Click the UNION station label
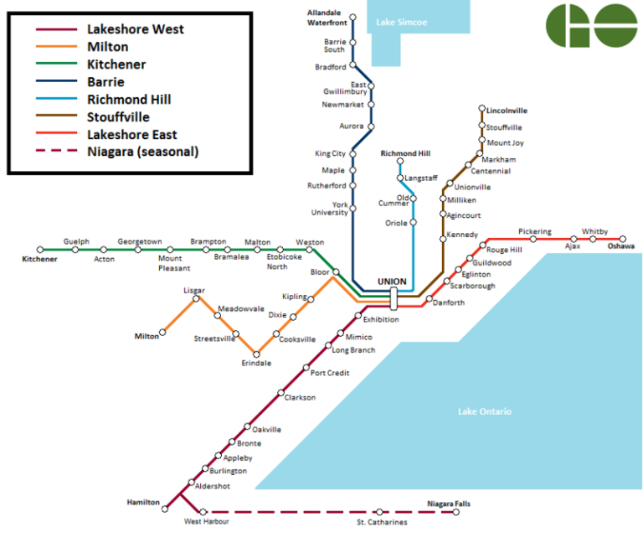[x=392, y=281]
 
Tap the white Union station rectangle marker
[x=393, y=297]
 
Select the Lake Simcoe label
[x=401, y=22]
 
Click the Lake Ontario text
[x=484, y=411]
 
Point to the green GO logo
[x=591, y=25]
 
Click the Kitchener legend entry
[x=116, y=65]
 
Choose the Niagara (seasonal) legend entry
[x=143, y=152]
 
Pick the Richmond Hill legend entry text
[x=129, y=100]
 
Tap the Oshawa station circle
[x=622, y=239]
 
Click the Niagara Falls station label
[x=448, y=504]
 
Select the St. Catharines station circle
[x=379, y=512]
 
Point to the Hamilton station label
[x=143, y=502]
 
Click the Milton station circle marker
[x=162, y=333]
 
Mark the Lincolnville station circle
[x=481, y=109]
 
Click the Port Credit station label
[x=330, y=373]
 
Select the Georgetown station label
[x=140, y=241]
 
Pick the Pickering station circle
[x=533, y=239]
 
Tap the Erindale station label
[x=256, y=363]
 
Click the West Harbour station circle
[x=203, y=512]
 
